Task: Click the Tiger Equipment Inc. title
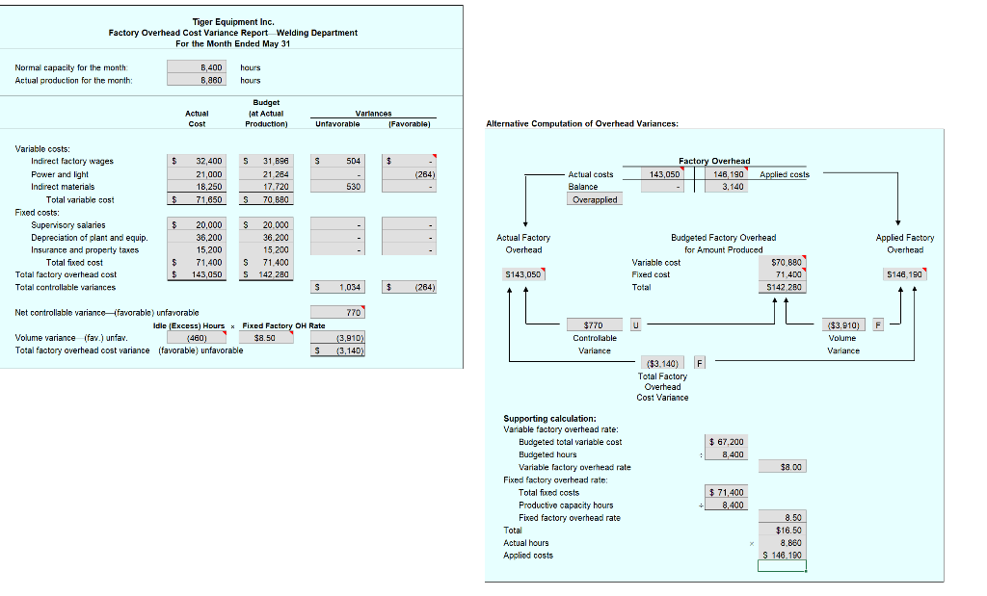tap(232, 21)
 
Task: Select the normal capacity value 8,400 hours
tap(197, 67)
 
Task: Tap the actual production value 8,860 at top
tap(197, 80)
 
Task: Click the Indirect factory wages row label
tap(72, 161)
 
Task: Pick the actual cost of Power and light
tap(198, 174)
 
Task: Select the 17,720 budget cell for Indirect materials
tap(265, 187)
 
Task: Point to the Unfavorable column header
tap(337, 124)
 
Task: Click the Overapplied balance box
tap(595, 199)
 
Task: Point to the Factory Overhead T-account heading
tap(714, 161)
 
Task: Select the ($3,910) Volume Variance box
tap(845, 324)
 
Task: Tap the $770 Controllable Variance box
tap(594, 325)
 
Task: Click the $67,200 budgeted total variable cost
tap(726, 442)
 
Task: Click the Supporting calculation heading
tap(549, 418)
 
